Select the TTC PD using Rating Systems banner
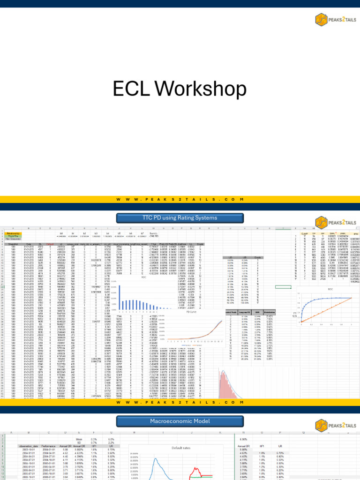click(x=180, y=217)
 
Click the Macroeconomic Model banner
click(x=180, y=421)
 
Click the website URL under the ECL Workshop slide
click(x=180, y=200)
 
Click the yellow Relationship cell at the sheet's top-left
click(x=14, y=233)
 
